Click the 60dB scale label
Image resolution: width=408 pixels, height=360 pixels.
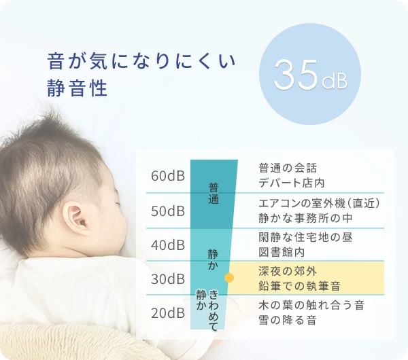(x=168, y=176)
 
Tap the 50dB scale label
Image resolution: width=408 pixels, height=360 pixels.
(x=168, y=211)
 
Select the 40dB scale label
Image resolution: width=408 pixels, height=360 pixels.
(x=168, y=245)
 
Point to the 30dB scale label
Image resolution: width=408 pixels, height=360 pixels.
(x=168, y=279)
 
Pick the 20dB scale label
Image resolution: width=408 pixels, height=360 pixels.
(x=168, y=313)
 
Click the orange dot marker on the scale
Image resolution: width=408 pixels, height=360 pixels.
(x=229, y=278)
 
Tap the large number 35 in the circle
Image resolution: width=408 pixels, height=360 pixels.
(x=296, y=75)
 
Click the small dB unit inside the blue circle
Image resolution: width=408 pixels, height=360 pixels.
(x=335, y=81)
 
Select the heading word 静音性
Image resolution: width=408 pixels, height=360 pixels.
(x=77, y=88)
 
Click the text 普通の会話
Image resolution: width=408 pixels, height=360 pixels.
(x=288, y=168)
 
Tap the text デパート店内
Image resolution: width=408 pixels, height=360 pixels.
(x=292, y=183)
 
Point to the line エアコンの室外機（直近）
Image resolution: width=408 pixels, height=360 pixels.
(x=320, y=203)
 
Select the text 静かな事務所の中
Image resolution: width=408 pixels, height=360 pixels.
(x=305, y=218)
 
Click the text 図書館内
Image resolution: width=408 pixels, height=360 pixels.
(x=282, y=252)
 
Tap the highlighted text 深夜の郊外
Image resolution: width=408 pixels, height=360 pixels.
(x=288, y=271)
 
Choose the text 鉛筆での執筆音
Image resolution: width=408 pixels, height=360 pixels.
(x=299, y=286)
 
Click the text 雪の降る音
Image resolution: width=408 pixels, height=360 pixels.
(x=288, y=320)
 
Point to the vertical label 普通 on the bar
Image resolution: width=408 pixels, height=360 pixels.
(x=214, y=194)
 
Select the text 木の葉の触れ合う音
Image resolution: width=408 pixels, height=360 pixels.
(x=311, y=305)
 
